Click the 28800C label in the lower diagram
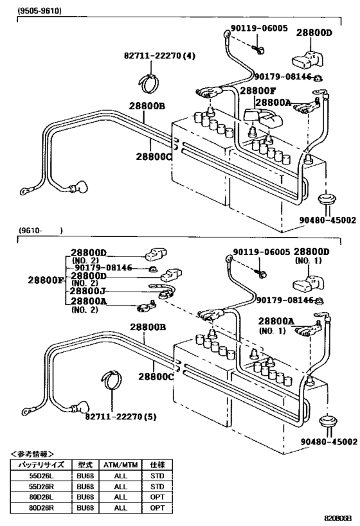(154, 377)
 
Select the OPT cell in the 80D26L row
(157, 496)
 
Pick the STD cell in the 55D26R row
(157, 487)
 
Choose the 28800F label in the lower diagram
(45, 281)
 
